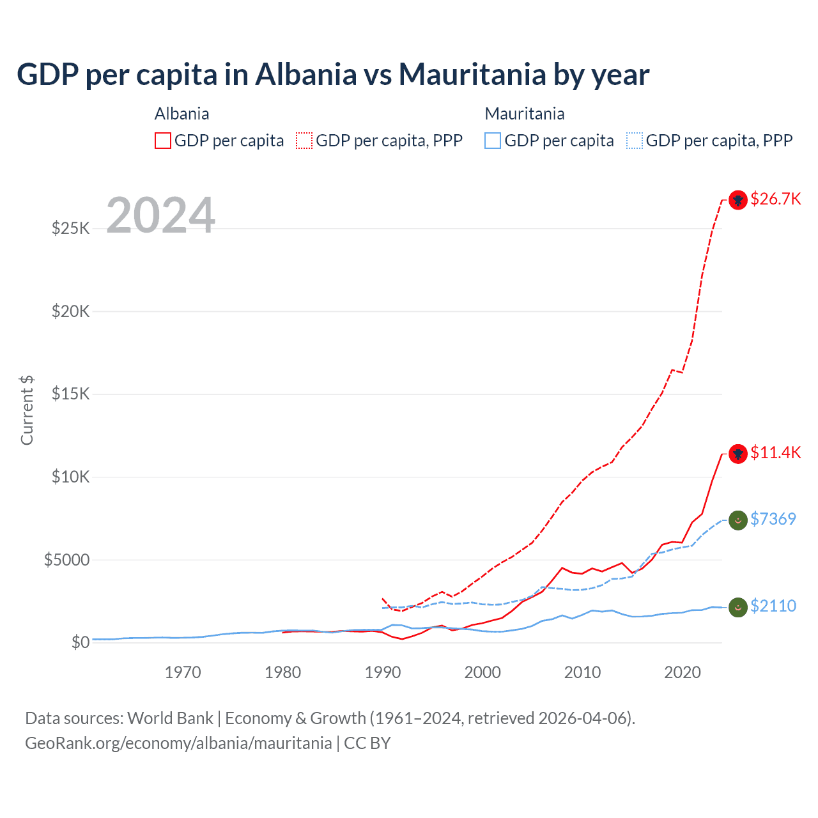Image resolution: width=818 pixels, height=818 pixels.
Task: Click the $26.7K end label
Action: [x=775, y=199]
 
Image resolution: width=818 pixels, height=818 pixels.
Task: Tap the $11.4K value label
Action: [x=775, y=452]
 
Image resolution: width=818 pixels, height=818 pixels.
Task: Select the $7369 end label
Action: [x=773, y=519]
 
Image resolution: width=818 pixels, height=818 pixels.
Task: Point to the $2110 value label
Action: [x=773, y=606]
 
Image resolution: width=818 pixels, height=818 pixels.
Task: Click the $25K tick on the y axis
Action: [x=70, y=228]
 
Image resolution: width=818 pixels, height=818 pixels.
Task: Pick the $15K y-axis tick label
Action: [x=70, y=394]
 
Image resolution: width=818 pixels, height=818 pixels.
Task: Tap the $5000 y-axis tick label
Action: [x=66, y=560]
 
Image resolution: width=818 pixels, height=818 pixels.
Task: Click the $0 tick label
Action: [x=80, y=642]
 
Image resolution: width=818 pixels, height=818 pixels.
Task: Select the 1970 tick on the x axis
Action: [x=183, y=672]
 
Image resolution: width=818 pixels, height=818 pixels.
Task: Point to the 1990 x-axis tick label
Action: [x=383, y=672]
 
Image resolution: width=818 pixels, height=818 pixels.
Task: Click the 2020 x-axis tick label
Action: [x=683, y=672]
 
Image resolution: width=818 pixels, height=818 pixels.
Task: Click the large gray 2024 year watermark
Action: [x=160, y=215]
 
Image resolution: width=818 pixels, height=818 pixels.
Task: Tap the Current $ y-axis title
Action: [x=27, y=410]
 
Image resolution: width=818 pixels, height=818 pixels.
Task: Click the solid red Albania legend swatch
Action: [x=163, y=141]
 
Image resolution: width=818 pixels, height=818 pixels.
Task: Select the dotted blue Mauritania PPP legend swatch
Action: [x=635, y=141]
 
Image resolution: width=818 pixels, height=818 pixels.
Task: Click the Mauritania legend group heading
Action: [x=525, y=114]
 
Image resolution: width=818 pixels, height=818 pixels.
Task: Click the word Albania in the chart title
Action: [x=305, y=74]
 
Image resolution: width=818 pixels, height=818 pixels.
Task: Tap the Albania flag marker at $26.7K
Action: [x=738, y=200]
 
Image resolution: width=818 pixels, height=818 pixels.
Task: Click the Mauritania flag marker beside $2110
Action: [x=738, y=607]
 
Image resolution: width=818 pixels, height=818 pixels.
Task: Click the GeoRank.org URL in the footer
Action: [x=178, y=743]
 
